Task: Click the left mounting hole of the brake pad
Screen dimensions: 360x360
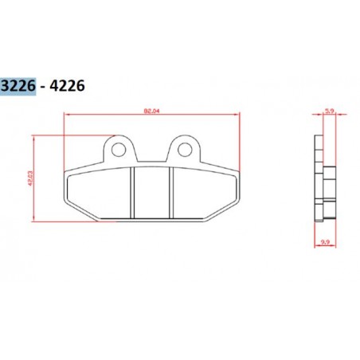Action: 119,149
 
